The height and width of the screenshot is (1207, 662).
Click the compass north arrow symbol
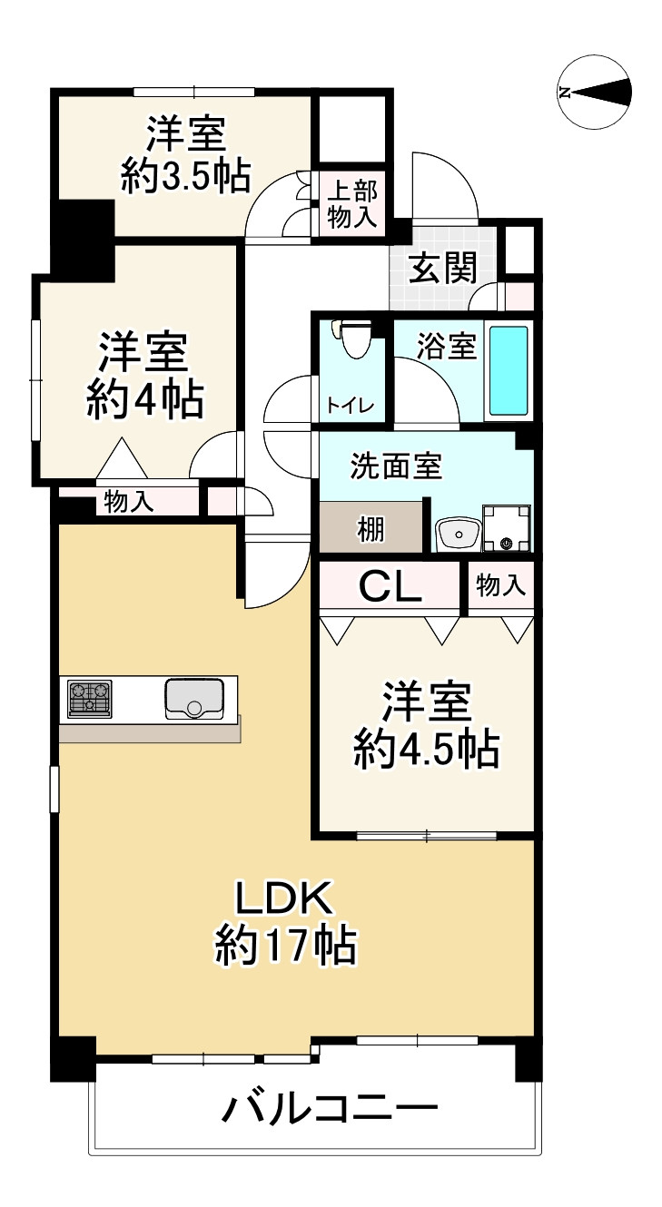tap(595, 92)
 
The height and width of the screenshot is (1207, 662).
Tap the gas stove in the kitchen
tap(89, 698)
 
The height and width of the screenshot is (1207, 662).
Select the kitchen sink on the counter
tap(194, 697)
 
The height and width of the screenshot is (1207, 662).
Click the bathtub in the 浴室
tap(509, 370)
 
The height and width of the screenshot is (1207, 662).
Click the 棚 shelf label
tap(370, 530)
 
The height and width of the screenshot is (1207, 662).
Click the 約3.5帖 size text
tap(186, 176)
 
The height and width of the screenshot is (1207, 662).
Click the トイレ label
tap(350, 406)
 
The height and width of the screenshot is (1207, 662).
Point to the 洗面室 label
tap(396, 466)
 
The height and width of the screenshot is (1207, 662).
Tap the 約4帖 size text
tap(145, 399)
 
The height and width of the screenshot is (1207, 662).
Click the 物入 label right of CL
tap(500, 586)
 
